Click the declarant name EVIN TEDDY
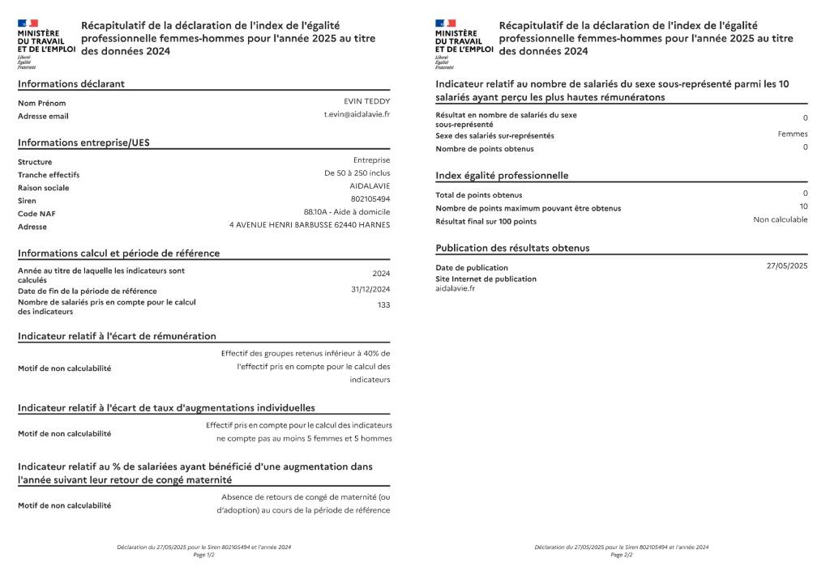366,101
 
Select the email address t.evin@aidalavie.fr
357,114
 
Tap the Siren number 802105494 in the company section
370,199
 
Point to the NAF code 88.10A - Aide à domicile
347,212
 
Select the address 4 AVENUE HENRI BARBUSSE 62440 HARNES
310,225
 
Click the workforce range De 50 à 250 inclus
357,173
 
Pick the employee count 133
383,305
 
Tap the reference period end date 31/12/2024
370,290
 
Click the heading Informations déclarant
71,84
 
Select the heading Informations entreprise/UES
83,143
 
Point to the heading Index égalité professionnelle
502,176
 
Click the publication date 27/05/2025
787,266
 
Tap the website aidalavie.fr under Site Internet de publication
456,288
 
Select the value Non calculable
780,219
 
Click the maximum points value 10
803,206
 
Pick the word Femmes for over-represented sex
793,134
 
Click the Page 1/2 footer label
203,556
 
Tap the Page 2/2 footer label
622,556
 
